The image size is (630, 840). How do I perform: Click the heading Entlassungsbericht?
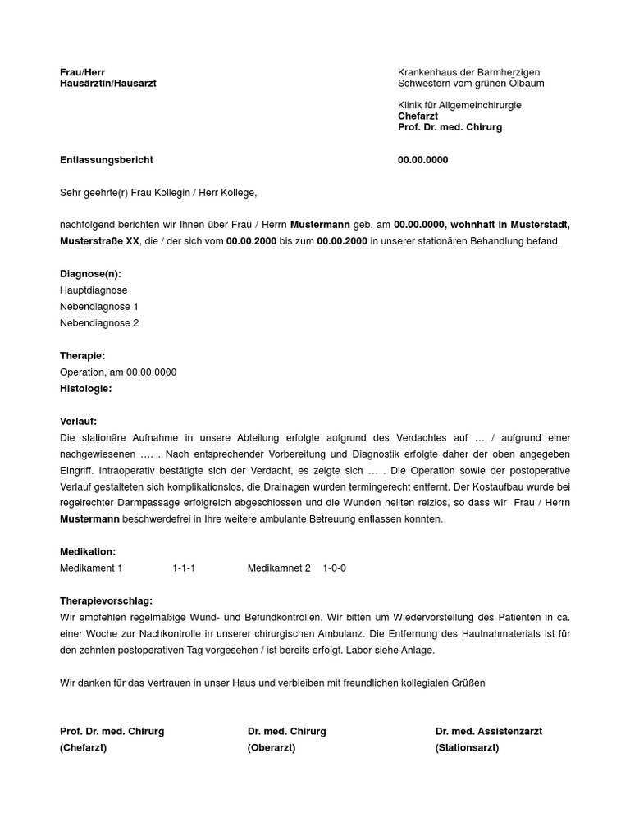coord(106,160)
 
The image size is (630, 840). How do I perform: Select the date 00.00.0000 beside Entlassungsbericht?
coord(422,160)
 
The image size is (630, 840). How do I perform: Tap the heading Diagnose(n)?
coord(90,274)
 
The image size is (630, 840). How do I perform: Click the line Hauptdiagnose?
coord(94,290)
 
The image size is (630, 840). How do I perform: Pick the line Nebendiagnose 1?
coord(99,307)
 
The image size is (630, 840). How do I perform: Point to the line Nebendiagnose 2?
coord(99,323)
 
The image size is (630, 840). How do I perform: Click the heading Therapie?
coord(82,356)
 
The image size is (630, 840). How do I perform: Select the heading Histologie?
coord(85,389)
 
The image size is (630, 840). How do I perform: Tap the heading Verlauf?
coord(79,422)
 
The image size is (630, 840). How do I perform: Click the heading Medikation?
coord(88,552)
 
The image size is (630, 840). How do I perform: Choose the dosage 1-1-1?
coord(184,568)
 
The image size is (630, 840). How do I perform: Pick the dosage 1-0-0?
coord(334,568)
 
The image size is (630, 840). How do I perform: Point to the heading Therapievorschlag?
coord(106,601)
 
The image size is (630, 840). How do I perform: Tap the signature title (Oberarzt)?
coord(272,748)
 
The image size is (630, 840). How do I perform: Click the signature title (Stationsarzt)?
coord(467,748)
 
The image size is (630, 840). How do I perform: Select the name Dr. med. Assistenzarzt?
coord(488,732)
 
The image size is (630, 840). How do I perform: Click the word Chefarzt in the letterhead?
coord(418,116)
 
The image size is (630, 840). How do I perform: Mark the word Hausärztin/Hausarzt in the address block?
coord(107,84)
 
